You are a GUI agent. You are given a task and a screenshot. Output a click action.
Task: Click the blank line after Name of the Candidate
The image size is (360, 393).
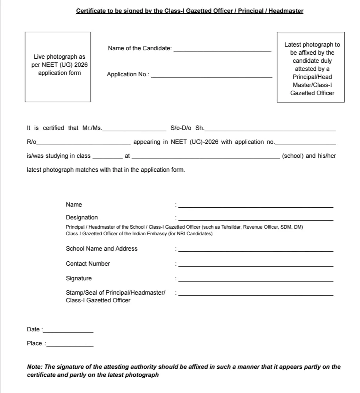(x=222, y=50)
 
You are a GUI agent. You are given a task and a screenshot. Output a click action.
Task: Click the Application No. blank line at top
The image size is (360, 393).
(x=212, y=76)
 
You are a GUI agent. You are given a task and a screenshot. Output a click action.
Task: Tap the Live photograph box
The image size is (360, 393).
(x=58, y=67)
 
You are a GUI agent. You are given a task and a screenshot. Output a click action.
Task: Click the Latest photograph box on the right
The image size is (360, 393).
(x=310, y=67)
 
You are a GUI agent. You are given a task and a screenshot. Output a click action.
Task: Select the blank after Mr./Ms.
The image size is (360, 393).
(x=134, y=129)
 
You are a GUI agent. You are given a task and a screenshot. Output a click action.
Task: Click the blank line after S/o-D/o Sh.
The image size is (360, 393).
(x=270, y=129)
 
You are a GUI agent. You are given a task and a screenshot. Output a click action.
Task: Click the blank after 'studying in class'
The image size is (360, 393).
(x=108, y=157)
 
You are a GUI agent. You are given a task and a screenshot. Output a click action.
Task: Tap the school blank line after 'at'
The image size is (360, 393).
(x=205, y=157)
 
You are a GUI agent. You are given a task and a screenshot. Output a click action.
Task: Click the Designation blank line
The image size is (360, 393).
(x=256, y=219)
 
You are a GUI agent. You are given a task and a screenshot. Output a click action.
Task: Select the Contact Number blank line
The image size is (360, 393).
(x=256, y=265)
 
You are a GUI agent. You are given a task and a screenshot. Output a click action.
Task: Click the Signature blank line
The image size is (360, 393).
(x=256, y=280)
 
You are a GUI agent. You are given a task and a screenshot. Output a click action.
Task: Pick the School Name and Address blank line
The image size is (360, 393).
(x=256, y=250)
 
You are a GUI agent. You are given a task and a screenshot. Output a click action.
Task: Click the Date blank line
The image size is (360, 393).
(x=68, y=331)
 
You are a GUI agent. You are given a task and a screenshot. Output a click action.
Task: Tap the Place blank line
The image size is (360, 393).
(x=70, y=345)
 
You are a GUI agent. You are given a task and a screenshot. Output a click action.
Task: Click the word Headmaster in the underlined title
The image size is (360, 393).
(x=286, y=11)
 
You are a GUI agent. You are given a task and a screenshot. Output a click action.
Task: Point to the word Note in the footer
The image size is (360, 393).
(x=34, y=367)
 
